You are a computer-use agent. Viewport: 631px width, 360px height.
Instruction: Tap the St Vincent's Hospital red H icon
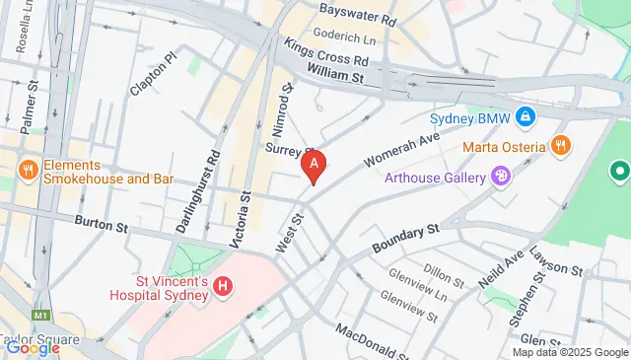point(224,286)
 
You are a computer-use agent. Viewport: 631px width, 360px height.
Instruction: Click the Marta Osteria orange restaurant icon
point(560,146)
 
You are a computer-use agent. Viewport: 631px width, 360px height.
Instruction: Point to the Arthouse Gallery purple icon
point(501,177)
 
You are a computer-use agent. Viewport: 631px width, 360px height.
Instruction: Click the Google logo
point(33,347)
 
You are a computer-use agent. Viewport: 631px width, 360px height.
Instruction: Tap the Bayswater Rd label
point(357,19)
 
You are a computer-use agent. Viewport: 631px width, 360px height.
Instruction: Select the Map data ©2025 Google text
point(569,352)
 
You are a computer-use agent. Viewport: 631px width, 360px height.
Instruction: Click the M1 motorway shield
point(38,315)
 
